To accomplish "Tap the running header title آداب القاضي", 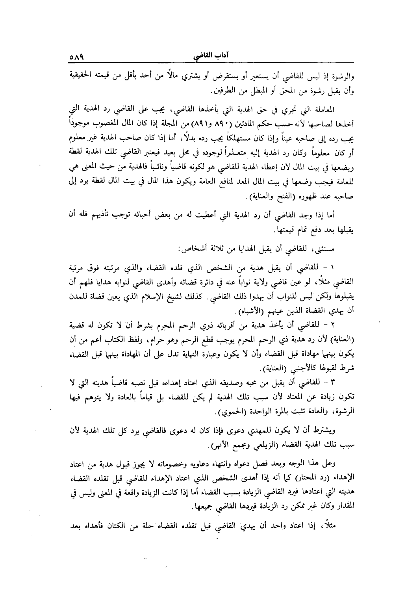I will [x=212, y=57].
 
